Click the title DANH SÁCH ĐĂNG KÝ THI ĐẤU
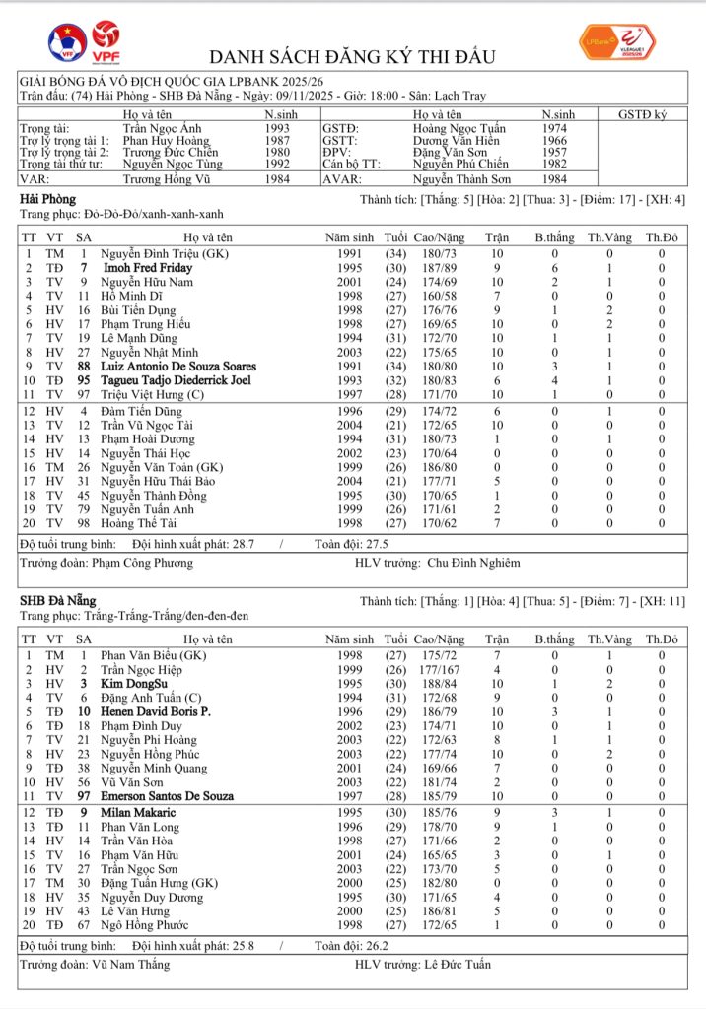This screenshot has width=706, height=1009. coord(352,56)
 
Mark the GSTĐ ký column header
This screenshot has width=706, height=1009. coord(642,115)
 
